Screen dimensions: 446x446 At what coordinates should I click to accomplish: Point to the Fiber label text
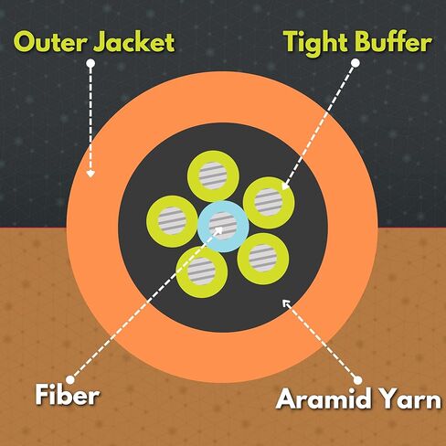[x=68, y=395]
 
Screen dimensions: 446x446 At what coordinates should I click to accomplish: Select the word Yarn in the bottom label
[x=409, y=398]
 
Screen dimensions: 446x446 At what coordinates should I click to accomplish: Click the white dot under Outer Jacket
[x=90, y=63]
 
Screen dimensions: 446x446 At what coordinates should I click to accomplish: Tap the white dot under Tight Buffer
[x=356, y=63]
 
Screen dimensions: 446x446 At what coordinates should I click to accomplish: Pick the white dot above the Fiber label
[x=70, y=379]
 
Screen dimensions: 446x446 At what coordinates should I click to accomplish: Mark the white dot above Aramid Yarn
[x=358, y=380]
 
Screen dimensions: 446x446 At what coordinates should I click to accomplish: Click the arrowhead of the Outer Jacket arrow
[x=90, y=174]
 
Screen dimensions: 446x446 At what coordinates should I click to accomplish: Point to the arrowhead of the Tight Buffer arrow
[x=285, y=186]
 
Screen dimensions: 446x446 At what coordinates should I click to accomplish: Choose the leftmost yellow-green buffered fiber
[x=153, y=221]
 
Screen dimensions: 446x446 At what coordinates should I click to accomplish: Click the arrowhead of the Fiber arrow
[x=218, y=231]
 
